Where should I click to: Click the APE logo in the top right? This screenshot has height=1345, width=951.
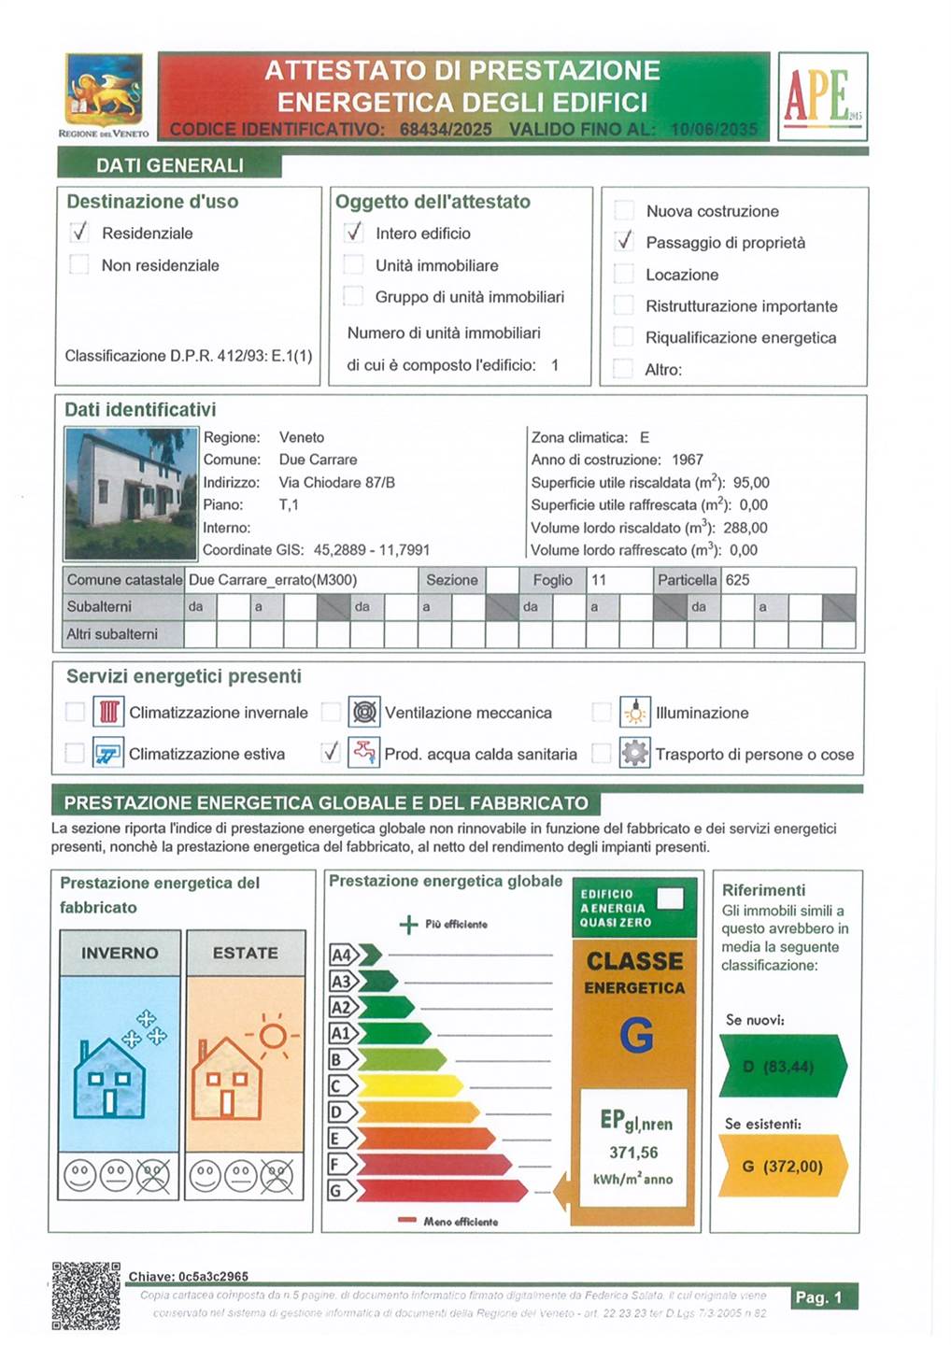(822, 96)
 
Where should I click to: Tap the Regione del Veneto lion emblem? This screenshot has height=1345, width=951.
(104, 92)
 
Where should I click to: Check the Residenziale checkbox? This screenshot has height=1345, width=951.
(79, 233)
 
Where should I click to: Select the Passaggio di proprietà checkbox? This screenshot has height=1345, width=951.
(624, 242)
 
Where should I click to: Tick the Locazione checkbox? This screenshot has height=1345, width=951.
(624, 274)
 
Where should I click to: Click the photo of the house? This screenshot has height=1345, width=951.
(131, 493)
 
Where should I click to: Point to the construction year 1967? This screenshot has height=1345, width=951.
(687, 460)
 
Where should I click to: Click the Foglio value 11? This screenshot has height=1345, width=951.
(599, 580)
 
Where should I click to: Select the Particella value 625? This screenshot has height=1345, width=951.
(737, 580)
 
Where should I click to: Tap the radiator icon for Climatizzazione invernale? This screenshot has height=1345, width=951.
(108, 712)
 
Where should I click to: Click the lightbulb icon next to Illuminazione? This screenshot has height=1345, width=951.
(635, 712)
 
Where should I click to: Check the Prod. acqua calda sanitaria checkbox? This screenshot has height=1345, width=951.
(331, 752)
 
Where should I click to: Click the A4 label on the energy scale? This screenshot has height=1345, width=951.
(342, 955)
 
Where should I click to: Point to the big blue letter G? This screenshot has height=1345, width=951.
(635, 1035)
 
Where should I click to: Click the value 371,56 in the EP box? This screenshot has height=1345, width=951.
(633, 1153)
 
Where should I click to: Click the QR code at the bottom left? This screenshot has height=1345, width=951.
(86, 1295)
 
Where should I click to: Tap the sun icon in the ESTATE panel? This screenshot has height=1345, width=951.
(273, 1035)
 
